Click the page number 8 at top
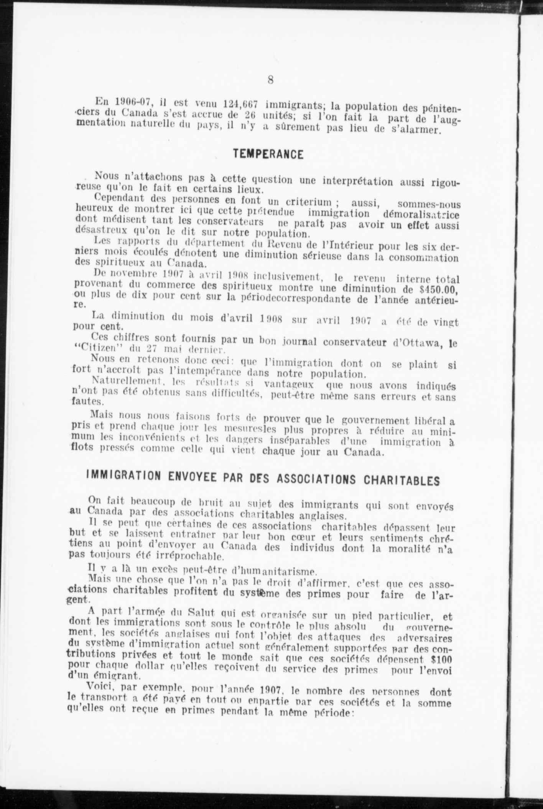pyautogui.click(x=271, y=80)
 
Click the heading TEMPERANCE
pyautogui.click(x=268, y=154)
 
